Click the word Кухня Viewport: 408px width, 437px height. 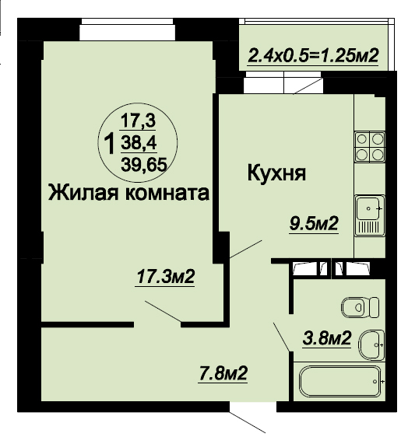pyautogui.click(x=276, y=173)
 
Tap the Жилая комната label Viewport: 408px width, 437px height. pyautogui.click(x=128, y=193)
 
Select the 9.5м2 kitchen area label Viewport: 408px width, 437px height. pyautogui.click(x=314, y=223)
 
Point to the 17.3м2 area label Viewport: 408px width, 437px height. pyautogui.click(x=166, y=277)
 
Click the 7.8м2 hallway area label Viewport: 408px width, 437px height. pyautogui.click(x=223, y=373)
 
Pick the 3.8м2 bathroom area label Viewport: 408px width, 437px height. pyautogui.click(x=327, y=338)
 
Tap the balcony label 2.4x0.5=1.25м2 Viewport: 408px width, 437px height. pyautogui.click(x=313, y=55)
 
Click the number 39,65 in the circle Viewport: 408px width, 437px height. pyautogui.click(x=144, y=165)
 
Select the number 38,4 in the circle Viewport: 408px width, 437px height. pyautogui.click(x=139, y=143)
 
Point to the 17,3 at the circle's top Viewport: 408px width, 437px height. pyautogui.click(x=138, y=121)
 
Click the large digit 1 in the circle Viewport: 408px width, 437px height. pyautogui.click(x=109, y=143)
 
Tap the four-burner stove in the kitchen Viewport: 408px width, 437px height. pyautogui.click(x=370, y=147)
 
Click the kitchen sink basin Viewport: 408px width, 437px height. pyautogui.click(x=368, y=208)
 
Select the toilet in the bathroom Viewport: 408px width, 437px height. pyautogui.click(x=360, y=307)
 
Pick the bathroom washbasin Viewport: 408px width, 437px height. pyautogui.click(x=371, y=345)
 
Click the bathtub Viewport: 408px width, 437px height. pyautogui.click(x=340, y=381)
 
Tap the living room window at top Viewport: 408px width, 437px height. pyautogui.click(x=127, y=30)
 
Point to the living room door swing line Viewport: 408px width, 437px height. pyautogui.click(x=163, y=312)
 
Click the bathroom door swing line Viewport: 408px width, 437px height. pyautogui.click(x=281, y=337)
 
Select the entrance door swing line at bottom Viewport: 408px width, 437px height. pyautogui.click(x=248, y=422)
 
